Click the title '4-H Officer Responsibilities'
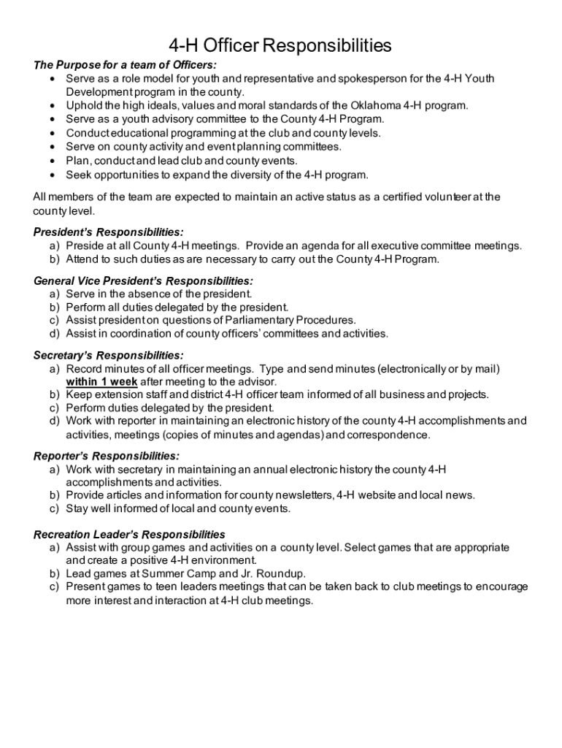(280, 47)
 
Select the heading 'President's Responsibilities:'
(109, 232)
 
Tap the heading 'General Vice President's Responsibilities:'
(144, 280)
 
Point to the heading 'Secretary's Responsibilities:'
(108, 356)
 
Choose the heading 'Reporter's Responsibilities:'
(107, 457)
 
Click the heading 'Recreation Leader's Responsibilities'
(129, 535)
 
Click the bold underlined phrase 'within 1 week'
(101, 381)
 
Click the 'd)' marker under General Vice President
(55, 334)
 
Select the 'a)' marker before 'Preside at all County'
(55, 246)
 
